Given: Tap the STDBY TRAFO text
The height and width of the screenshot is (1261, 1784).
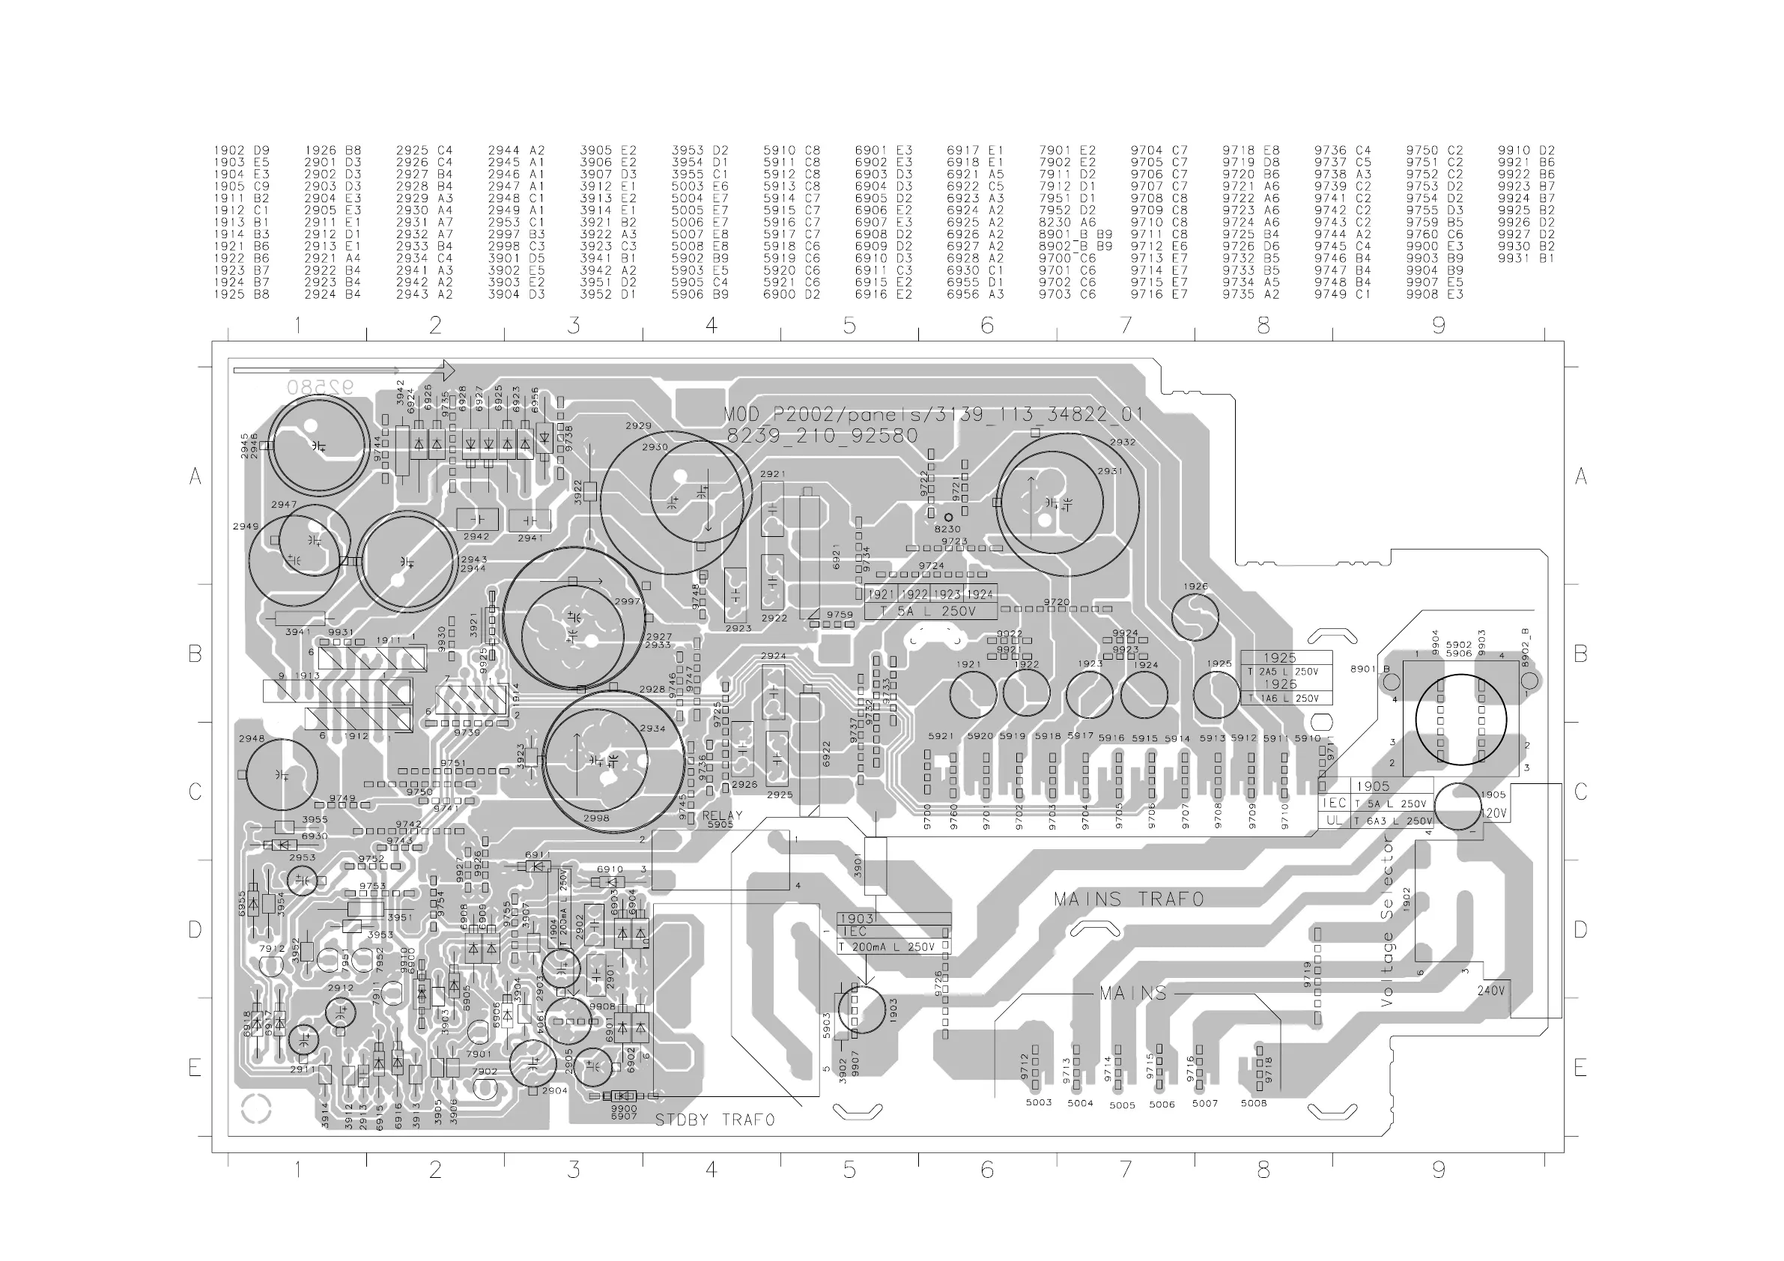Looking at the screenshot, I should click(714, 1119).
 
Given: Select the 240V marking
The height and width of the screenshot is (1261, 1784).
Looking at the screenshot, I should click(1490, 991).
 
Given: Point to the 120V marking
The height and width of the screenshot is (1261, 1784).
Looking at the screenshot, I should click(1493, 813).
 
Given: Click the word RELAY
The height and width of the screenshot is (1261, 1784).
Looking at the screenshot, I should click(722, 815).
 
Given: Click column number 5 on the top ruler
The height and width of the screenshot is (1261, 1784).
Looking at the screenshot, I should click(849, 325).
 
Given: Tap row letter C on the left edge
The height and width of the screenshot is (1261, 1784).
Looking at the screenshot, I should click(195, 791).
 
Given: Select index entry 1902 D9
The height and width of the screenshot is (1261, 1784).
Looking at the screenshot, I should click(242, 150).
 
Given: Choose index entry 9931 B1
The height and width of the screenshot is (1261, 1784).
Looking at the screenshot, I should click(1526, 258).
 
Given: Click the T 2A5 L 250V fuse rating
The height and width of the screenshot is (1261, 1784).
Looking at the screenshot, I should click(1283, 671).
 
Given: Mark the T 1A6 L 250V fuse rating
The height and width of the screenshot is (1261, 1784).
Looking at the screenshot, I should click(1283, 699).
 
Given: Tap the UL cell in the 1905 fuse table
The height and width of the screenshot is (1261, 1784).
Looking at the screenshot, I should click(1334, 820).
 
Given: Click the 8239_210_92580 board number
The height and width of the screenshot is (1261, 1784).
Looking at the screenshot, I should click(822, 436).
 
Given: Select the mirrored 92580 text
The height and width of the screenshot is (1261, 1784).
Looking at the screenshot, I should click(319, 386).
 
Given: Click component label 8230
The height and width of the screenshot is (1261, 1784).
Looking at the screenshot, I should click(948, 529).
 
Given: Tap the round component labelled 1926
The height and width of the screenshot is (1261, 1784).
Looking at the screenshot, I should click(1195, 616).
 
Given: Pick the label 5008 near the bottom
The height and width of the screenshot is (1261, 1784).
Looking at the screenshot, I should click(1253, 1102).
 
